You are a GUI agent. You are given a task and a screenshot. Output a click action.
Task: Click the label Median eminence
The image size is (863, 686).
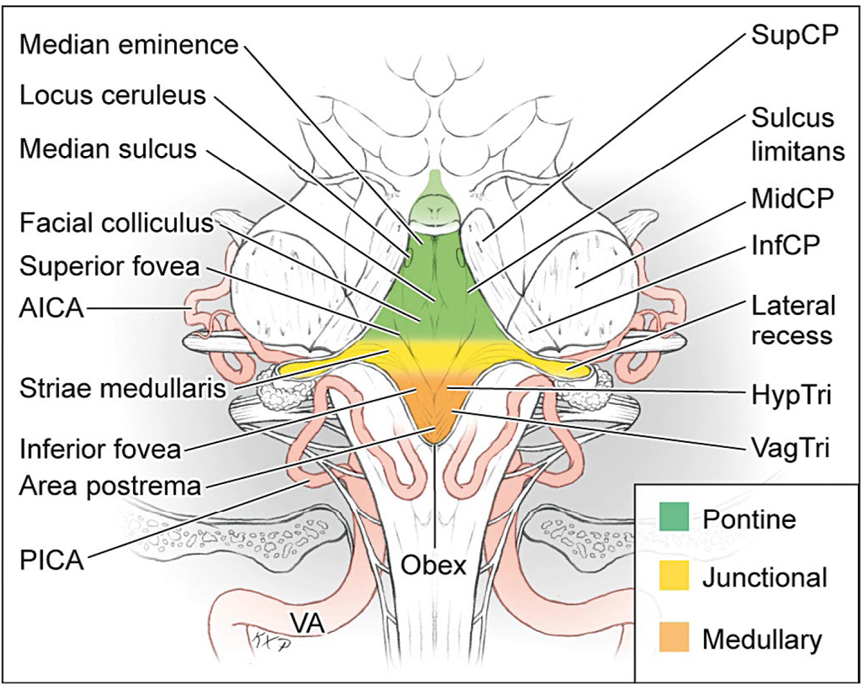(x=129, y=46)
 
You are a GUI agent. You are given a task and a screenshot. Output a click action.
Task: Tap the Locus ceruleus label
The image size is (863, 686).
(x=113, y=95)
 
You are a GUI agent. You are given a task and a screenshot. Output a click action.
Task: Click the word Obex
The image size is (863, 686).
(x=435, y=566)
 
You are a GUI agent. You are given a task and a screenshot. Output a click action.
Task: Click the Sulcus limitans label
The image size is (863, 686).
(x=792, y=134)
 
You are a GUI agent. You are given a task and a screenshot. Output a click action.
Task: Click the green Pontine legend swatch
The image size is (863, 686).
(x=674, y=518)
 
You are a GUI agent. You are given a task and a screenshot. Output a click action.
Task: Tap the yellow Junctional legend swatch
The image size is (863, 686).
(x=674, y=577)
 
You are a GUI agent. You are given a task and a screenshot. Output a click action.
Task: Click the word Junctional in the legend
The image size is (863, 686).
(x=766, y=577)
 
